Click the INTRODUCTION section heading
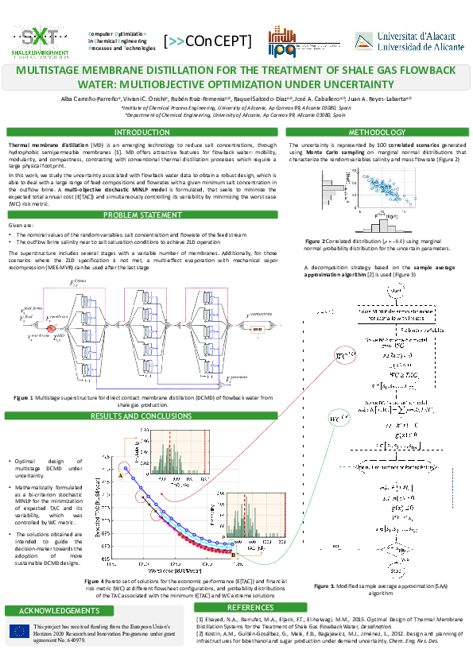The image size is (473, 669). (142, 132)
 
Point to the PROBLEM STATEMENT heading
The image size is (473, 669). (142, 215)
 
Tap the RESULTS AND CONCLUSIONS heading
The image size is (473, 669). (142, 416)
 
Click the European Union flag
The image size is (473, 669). (20, 632)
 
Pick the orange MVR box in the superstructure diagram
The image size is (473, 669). (257, 328)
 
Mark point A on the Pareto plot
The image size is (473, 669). (120, 476)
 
